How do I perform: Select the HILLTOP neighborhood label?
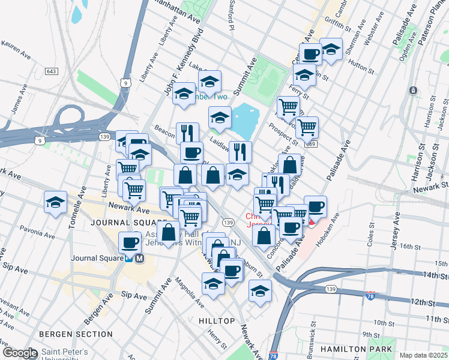pos(217,321)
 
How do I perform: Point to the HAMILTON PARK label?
pos(357,349)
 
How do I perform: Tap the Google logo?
pos(20,353)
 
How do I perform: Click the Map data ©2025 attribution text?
pos(423,355)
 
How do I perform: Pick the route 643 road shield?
pos(52,71)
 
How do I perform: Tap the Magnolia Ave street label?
pos(184,292)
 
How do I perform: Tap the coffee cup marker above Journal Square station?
pos(130,243)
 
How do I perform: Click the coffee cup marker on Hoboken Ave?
pos(315,207)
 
